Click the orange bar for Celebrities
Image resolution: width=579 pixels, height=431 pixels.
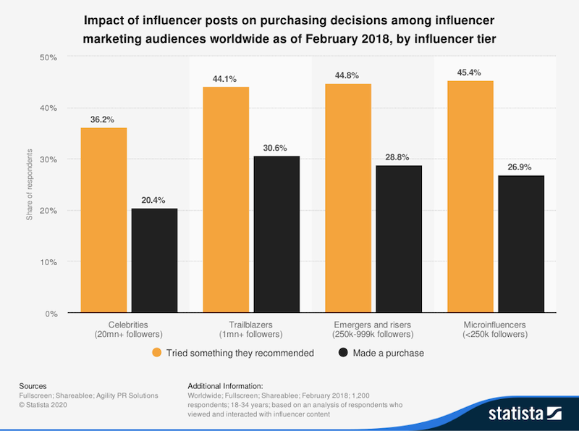coord(103,220)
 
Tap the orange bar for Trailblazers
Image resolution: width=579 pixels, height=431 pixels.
coord(226,200)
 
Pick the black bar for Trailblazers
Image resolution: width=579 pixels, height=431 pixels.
coord(276,235)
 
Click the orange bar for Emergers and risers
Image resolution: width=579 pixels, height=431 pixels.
coord(348,198)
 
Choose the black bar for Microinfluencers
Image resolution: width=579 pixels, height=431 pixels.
coord(520,244)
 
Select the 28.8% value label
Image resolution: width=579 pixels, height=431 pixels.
coord(398,156)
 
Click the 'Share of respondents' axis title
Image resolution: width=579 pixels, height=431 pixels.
coord(30,185)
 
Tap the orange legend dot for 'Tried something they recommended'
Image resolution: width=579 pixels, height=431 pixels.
coord(156,353)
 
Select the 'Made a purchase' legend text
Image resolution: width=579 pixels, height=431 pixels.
coord(386,353)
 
